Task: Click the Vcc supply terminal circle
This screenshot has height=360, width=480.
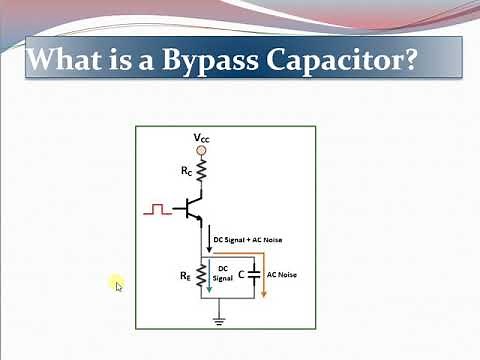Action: coord(201,151)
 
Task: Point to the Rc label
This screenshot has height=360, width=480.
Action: coord(186,171)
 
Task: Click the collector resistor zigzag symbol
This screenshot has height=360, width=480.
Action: coord(201,174)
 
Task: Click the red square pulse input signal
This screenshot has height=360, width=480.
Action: coord(157,210)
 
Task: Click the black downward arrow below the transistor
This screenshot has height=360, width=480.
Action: coord(205,241)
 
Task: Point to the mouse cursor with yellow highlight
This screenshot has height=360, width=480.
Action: coord(117,285)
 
